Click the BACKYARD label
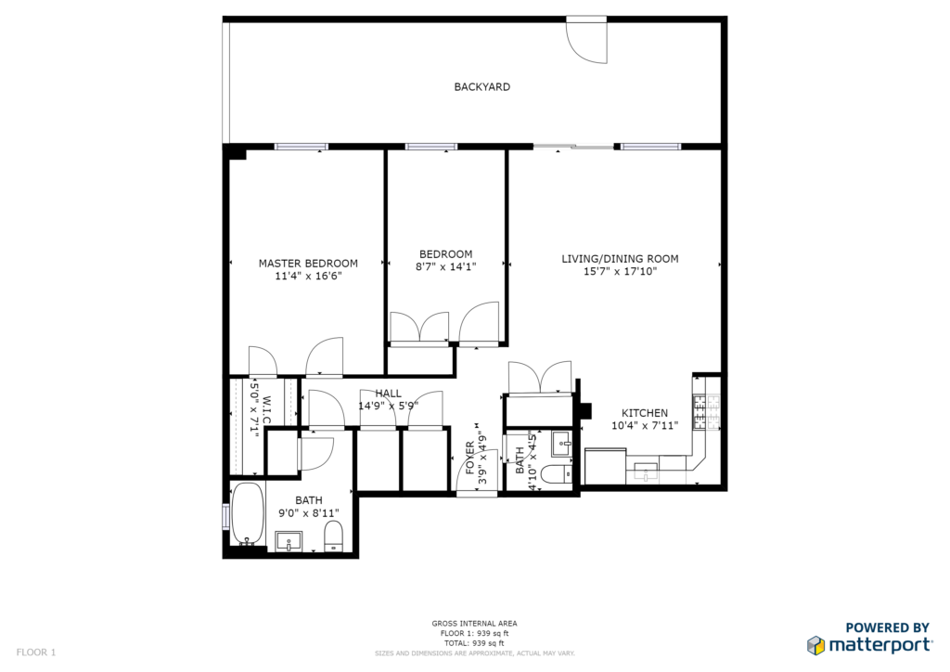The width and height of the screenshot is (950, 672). (481, 86)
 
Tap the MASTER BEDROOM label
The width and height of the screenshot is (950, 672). (308, 264)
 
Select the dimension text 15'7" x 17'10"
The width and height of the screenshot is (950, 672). (620, 271)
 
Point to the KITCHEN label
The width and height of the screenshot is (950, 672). (645, 413)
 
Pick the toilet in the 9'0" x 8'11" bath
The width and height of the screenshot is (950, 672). (334, 536)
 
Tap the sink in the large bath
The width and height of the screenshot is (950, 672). (289, 541)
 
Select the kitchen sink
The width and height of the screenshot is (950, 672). (646, 471)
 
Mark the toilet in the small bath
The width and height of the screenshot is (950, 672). (556, 474)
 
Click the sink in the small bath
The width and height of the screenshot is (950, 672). (561, 445)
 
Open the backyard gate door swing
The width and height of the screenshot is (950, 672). (586, 40)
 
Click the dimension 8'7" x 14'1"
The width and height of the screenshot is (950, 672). (446, 266)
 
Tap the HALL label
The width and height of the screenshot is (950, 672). (388, 394)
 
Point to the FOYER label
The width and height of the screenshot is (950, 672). (470, 458)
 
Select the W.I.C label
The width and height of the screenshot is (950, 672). (267, 411)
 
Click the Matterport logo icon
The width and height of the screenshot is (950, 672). (815, 645)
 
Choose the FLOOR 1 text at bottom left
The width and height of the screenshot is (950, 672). (36, 653)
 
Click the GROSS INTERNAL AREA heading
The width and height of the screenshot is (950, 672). (474, 624)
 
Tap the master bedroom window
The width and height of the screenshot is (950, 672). (302, 147)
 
